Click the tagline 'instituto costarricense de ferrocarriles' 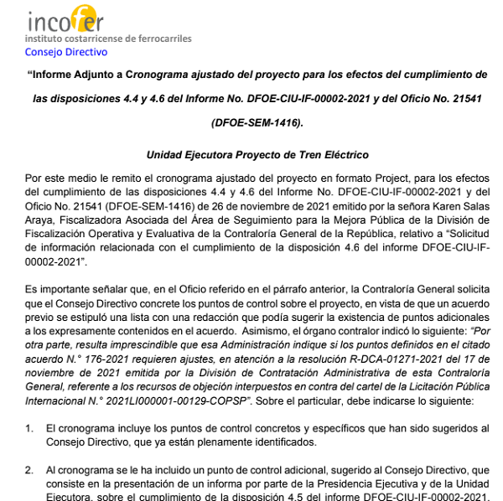(x=108, y=39)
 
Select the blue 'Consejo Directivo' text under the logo (x=66, y=51)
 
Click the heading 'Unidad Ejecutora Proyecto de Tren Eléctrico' (x=257, y=155)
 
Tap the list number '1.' (x=29, y=428)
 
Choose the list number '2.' (x=29, y=473)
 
